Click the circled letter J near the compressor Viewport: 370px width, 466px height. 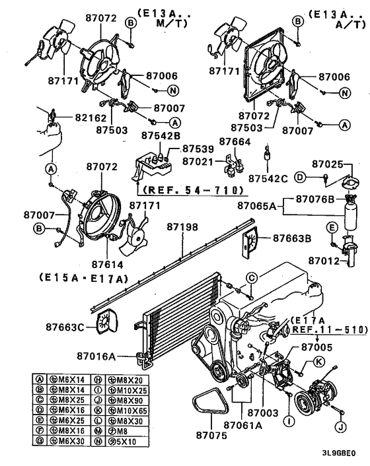(x=340, y=426)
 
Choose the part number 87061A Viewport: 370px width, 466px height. (x=238, y=425)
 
